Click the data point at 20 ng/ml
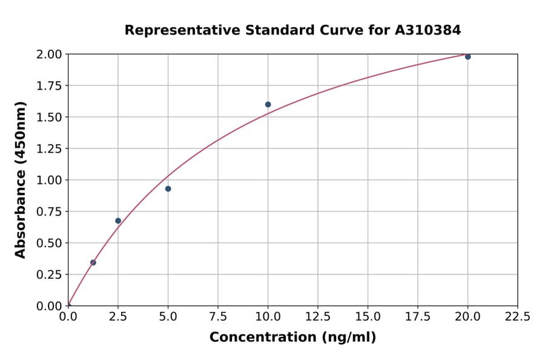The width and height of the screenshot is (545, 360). click(x=467, y=56)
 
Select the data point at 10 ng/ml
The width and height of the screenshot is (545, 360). click(x=268, y=104)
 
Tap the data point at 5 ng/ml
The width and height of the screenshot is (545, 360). click(x=168, y=188)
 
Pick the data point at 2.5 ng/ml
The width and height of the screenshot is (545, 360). click(x=118, y=221)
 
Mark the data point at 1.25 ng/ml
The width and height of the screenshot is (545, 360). click(x=93, y=262)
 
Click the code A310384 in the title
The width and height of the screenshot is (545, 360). click(x=428, y=30)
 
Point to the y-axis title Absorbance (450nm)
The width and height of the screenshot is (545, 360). click(x=21, y=179)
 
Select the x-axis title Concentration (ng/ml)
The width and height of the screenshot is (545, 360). click(x=292, y=338)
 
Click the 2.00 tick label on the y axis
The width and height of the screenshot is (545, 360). click(x=49, y=55)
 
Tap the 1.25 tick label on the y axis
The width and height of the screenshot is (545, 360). click(x=49, y=148)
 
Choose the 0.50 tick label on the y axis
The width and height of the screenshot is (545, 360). click(x=49, y=243)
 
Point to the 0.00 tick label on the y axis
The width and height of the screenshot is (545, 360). click(x=49, y=306)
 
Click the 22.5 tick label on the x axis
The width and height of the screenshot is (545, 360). click(x=517, y=317)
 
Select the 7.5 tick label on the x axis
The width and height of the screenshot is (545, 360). click(x=218, y=317)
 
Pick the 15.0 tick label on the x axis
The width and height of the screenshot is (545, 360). click(x=368, y=317)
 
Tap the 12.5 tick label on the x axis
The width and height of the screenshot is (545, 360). click(x=318, y=317)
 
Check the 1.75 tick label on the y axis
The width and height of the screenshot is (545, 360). click(x=49, y=85)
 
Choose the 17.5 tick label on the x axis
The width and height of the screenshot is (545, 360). click(x=417, y=317)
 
